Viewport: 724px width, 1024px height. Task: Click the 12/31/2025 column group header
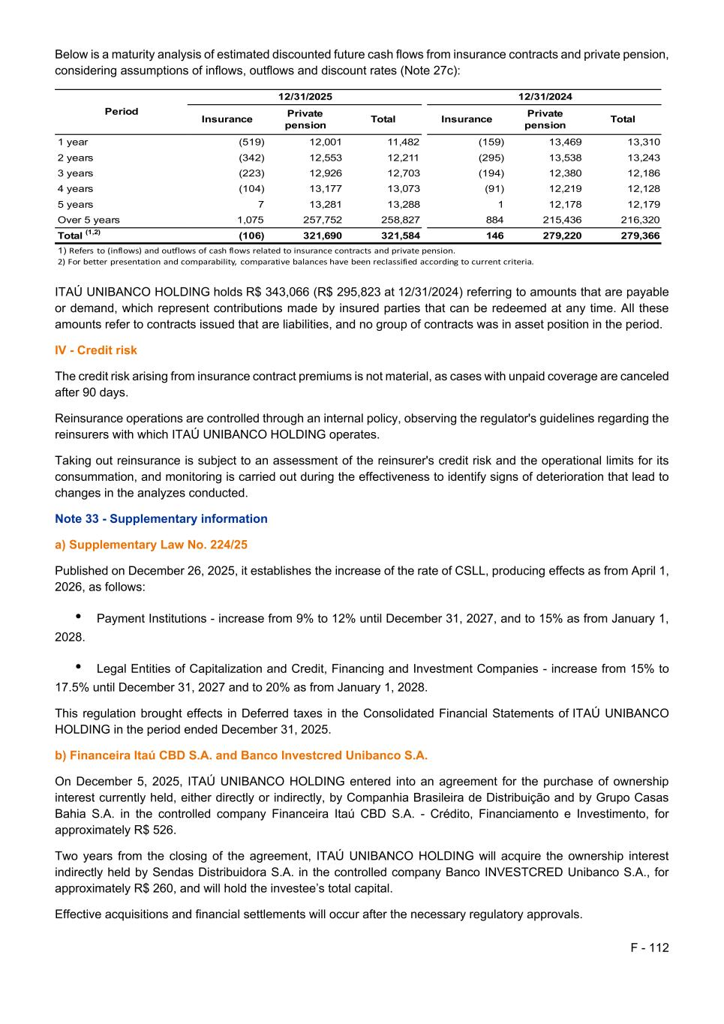tap(305, 97)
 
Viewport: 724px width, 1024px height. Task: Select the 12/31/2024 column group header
tap(545, 97)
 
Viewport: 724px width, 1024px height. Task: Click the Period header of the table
tap(122, 111)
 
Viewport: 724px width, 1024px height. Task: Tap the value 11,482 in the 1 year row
tap(403, 142)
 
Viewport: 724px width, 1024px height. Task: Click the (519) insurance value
tap(251, 142)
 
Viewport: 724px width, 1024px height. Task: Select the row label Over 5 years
tap(89, 220)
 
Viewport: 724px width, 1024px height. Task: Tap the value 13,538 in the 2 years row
tap(565, 158)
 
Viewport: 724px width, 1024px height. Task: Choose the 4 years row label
tap(76, 189)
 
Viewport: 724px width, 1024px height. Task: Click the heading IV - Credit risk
tap(96, 350)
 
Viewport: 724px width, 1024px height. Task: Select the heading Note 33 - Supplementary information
tap(161, 519)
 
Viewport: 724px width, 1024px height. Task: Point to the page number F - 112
tap(650, 948)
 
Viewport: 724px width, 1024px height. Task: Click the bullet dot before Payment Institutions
tap(79, 616)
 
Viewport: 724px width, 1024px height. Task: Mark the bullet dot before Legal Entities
tap(79, 666)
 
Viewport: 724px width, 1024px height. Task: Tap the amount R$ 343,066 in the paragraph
tap(273, 292)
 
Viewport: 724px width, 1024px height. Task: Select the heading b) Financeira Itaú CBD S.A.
tap(241, 755)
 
